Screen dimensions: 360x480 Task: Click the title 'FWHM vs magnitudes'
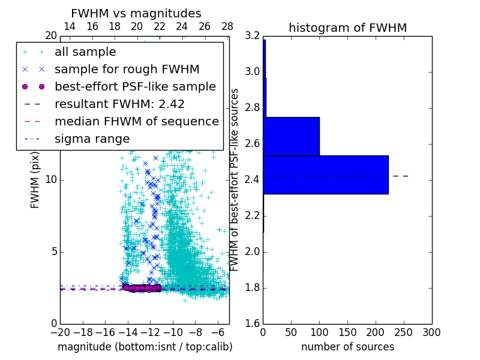pyautogui.click(x=136, y=13)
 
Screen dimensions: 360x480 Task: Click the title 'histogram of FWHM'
pyautogui.click(x=347, y=28)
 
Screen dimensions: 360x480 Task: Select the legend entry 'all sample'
pyautogui.click(x=85, y=52)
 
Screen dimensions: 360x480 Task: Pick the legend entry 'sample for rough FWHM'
pyautogui.click(x=127, y=69)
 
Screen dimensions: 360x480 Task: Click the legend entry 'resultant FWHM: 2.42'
pyautogui.click(x=119, y=104)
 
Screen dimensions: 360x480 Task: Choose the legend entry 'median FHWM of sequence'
pyautogui.click(x=136, y=121)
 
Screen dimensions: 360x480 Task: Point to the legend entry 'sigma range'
pyautogui.click(x=92, y=139)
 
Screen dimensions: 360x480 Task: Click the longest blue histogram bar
pyautogui.click(x=325, y=175)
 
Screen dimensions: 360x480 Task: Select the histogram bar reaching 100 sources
pyautogui.click(x=291, y=136)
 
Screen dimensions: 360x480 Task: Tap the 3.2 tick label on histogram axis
pyautogui.click(x=251, y=36)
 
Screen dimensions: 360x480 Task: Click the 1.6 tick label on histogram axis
pyautogui.click(x=251, y=324)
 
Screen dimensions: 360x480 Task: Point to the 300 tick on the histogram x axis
pyautogui.click(x=431, y=332)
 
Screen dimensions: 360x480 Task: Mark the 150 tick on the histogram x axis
pyautogui.click(x=347, y=332)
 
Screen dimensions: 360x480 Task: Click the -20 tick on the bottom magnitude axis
pyautogui.click(x=60, y=332)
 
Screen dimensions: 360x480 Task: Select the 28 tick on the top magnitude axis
pyautogui.click(x=227, y=26)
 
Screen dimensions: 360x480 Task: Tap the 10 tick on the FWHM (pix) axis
pyautogui.click(x=51, y=180)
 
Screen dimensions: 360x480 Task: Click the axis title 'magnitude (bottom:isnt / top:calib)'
pyautogui.click(x=145, y=347)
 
